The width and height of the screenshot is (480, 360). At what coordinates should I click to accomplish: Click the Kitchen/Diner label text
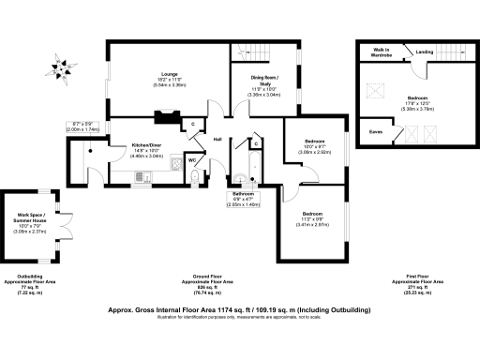pyautogui.click(x=135, y=145)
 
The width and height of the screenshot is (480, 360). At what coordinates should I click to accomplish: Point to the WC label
pyautogui.click(x=191, y=160)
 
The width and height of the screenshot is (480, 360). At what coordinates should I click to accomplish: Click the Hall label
pyautogui.click(x=217, y=140)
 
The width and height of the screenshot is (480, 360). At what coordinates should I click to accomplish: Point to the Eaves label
pyautogui.click(x=375, y=132)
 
